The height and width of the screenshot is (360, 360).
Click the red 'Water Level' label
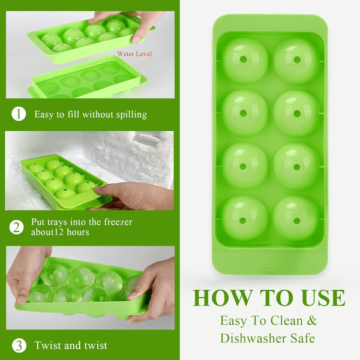coord(134,54)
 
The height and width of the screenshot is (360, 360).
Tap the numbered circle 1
coord(19,114)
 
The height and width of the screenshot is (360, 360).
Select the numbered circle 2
coord(17,227)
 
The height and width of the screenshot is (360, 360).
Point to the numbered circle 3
coord(19,346)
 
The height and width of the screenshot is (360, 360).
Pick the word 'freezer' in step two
coord(118,222)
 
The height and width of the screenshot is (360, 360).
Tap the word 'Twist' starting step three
coord(47,346)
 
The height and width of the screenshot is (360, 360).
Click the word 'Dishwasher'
coord(253,338)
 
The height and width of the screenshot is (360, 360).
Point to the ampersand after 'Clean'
coord(311,320)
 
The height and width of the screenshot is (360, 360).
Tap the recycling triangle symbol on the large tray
coord(269,262)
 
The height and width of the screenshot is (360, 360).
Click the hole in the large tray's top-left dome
coord(243,59)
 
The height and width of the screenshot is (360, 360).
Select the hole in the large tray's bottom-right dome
coord(297,221)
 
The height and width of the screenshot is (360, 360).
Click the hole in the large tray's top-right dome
coord(297,60)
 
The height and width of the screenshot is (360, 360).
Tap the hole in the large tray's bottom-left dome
coord(242,221)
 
